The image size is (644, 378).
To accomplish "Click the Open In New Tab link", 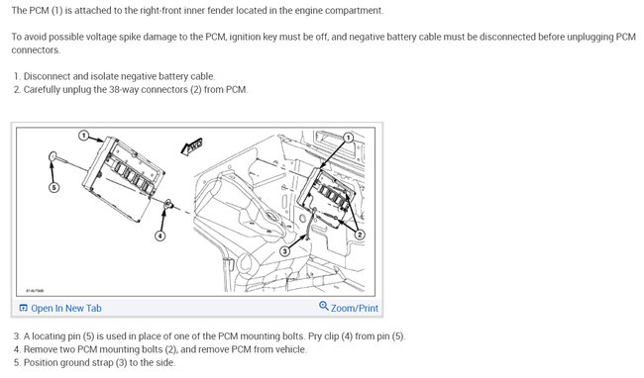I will [x=65, y=308].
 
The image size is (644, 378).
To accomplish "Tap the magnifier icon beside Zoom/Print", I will [x=324, y=307].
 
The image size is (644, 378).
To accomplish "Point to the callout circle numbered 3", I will [x=284, y=251].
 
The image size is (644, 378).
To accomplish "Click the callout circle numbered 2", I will [x=360, y=235].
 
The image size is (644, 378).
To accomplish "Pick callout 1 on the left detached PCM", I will [x=84, y=135].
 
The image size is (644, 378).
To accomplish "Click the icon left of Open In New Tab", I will [x=23, y=308].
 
